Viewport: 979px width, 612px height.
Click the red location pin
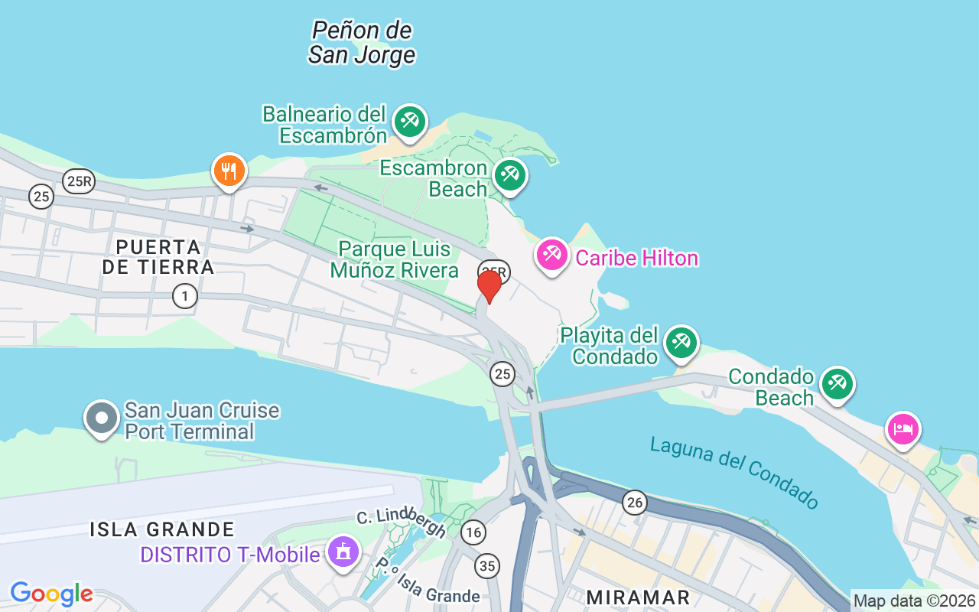[x=489, y=286]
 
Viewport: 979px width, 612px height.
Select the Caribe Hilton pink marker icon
[x=551, y=255]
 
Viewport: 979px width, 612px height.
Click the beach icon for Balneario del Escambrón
[x=409, y=122]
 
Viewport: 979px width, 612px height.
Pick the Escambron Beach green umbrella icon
[x=509, y=175]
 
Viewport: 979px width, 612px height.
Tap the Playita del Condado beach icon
[x=680, y=343]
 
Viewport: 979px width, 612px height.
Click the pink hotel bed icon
[x=903, y=429]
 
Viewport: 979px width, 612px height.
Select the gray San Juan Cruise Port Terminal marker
[x=102, y=418]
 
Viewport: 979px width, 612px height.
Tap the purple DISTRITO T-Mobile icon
[x=343, y=552]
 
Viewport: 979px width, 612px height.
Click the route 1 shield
[x=184, y=295]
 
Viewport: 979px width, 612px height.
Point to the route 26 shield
[x=634, y=502]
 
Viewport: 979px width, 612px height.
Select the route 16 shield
[x=473, y=532]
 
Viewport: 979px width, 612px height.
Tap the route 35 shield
[x=486, y=565]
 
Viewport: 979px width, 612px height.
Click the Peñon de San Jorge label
[x=362, y=43]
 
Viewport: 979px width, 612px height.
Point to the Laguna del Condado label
[x=734, y=471]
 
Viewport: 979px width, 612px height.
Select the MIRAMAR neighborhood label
[x=638, y=597]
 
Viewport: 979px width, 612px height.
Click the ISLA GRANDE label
[x=162, y=529]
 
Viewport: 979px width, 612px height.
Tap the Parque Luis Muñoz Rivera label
[x=395, y=259]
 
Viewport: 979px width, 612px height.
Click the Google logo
[x=51, y=594]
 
